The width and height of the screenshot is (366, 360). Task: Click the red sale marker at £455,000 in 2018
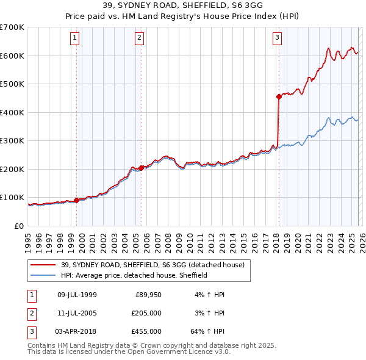pos(279,96)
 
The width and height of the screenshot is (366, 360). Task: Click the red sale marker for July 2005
pos(141,168)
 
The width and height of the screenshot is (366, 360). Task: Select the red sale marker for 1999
pos(76,200)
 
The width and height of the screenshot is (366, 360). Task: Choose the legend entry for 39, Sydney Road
pos(152,265)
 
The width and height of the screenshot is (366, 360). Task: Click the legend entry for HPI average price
pos(134,275)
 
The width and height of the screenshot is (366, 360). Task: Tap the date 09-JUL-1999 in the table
pos(76,295)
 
